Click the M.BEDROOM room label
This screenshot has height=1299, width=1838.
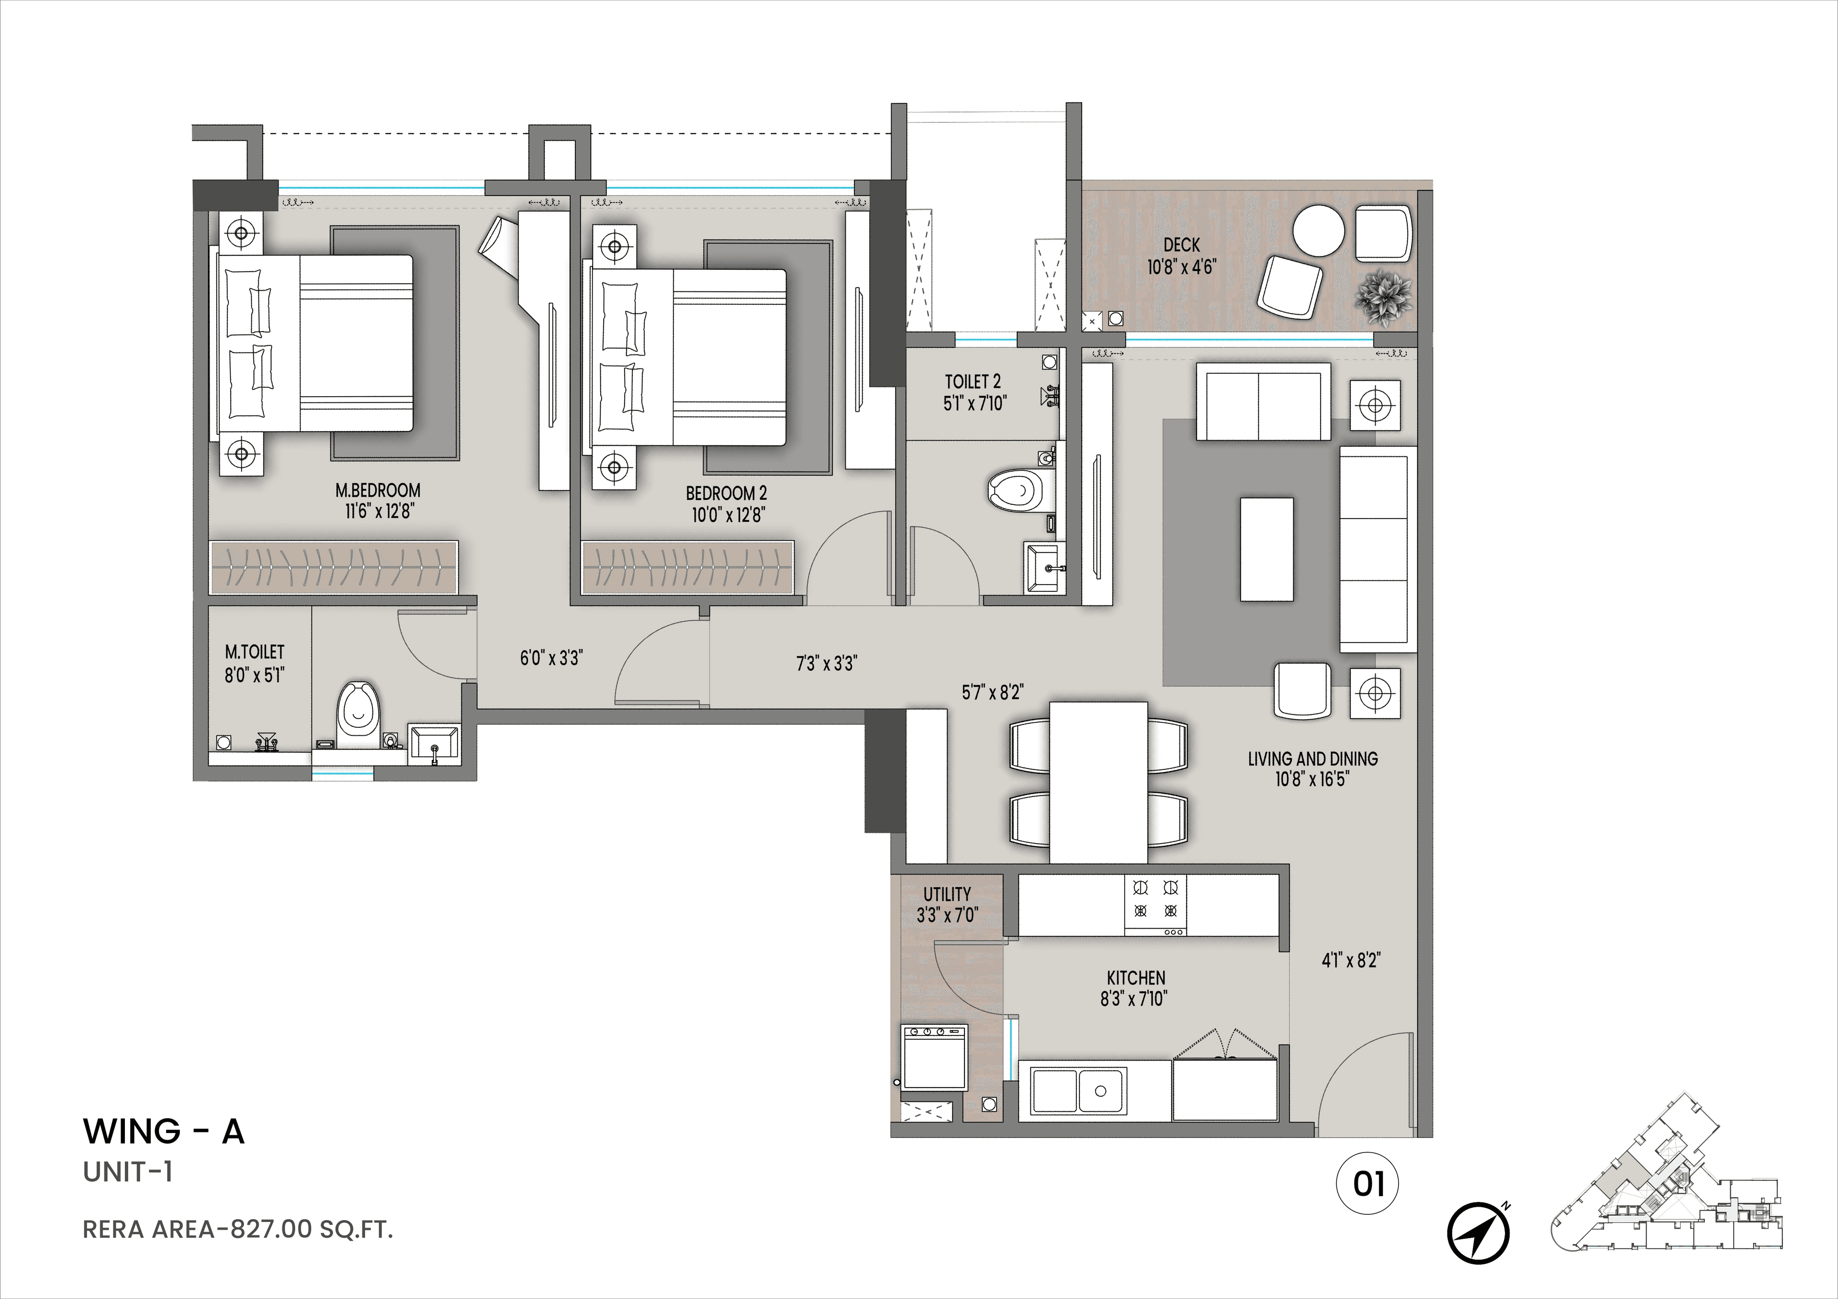378,490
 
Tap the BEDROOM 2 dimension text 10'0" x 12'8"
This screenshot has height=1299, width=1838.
727,515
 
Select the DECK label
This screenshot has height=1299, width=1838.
1182,245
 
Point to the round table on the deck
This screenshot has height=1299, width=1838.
1319,231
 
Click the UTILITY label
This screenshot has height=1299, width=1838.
947,894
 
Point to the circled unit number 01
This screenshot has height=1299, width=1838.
1367,1184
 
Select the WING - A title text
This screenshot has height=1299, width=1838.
163,1131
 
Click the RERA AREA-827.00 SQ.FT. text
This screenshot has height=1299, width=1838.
238,1229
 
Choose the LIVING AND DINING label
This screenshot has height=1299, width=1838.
1313,758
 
